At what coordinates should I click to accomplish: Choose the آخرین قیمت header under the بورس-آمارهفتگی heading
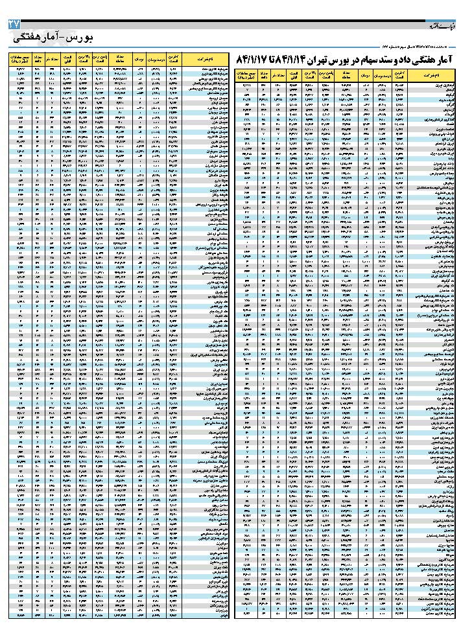point(172,60)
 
